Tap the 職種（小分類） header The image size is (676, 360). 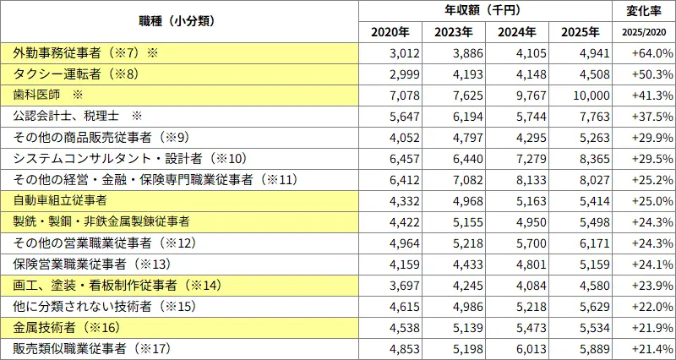pos(179,21)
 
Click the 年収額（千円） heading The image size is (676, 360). pos(486,11)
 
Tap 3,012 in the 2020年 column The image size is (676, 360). pos(394,53)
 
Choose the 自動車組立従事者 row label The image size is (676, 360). pos(60,200)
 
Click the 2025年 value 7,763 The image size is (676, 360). pos(584,116)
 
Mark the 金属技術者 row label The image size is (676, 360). pos(64,327)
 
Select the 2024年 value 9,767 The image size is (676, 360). pos(521,95)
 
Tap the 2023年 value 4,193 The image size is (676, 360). pos(457,74)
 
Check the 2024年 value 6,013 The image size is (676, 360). pos(521,348)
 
